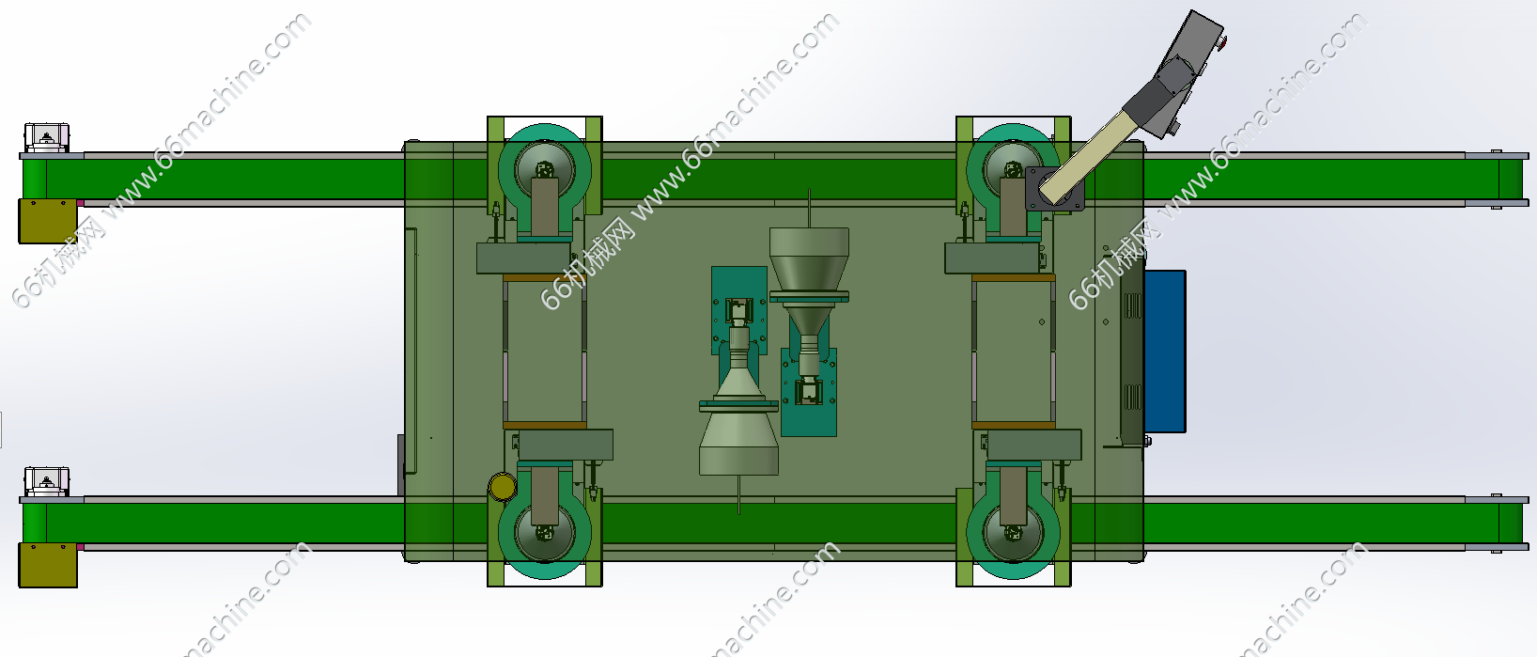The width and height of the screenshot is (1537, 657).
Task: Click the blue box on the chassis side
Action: [x=1164, y=351]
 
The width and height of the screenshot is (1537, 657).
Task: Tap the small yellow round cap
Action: [x=503, y=487]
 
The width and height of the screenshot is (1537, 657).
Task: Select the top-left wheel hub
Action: [x=544, y=169]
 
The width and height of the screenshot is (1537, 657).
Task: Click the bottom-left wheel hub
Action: [x=544, y=533]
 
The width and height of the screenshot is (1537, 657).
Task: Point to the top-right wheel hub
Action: [x=1013, y=169]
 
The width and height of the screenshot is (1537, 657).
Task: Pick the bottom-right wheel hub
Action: [x=1013, y=533]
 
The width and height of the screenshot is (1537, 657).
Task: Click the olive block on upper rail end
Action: [x=47, y=221]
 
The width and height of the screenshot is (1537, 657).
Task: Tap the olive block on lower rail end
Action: [x=47, y=565]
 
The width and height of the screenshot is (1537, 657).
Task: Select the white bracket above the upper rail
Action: [x=47, y=137]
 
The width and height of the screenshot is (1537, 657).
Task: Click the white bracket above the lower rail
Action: [x=47, y=481]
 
